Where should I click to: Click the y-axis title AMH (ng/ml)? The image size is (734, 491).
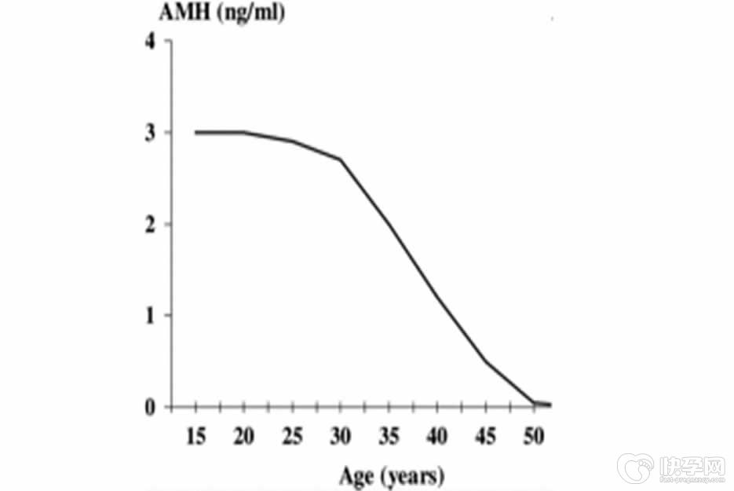point(222,13)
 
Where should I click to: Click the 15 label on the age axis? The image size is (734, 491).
point(195,436)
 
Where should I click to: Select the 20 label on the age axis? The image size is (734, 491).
point(244,436)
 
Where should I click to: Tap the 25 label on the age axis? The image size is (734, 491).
point(292,436)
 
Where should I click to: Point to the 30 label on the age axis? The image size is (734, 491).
point(341,436)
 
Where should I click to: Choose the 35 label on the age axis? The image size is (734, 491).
point(389,436)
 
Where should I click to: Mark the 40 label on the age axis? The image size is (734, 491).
point(438,436)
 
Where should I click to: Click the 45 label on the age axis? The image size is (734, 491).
point(487,436)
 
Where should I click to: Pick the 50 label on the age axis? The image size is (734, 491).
point(535,436)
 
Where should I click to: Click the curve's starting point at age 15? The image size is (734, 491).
point(195,132)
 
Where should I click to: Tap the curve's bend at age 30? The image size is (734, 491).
point(341,159)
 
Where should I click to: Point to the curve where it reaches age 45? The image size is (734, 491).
point(487,361)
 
